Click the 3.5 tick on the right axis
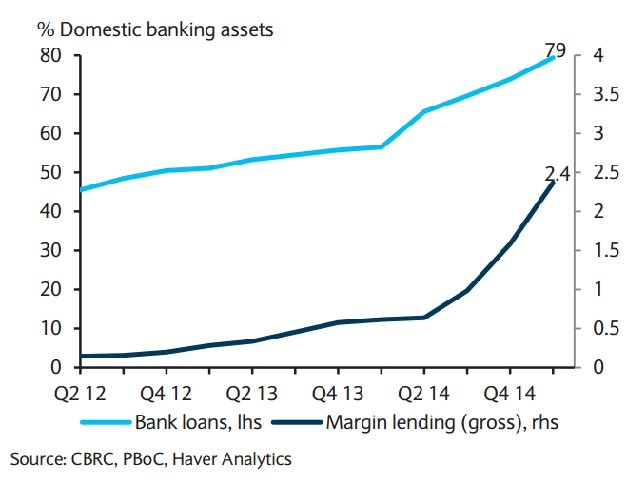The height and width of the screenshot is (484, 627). point(596,94)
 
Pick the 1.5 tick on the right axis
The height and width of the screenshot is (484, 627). point(596,250)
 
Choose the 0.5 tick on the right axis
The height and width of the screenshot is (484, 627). point(596,328)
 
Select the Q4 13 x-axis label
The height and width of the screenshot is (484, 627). point(338,392)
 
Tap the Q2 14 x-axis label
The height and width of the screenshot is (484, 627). point(424,392)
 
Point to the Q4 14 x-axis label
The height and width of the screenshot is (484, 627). point(510,392)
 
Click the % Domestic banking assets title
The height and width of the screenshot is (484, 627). point(155,29)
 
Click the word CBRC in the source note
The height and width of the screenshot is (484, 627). point(91,459)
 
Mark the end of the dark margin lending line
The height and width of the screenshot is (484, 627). point(553,182)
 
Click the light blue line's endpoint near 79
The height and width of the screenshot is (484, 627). point(553,59)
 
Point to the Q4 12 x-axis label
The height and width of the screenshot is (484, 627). point(167,392)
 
